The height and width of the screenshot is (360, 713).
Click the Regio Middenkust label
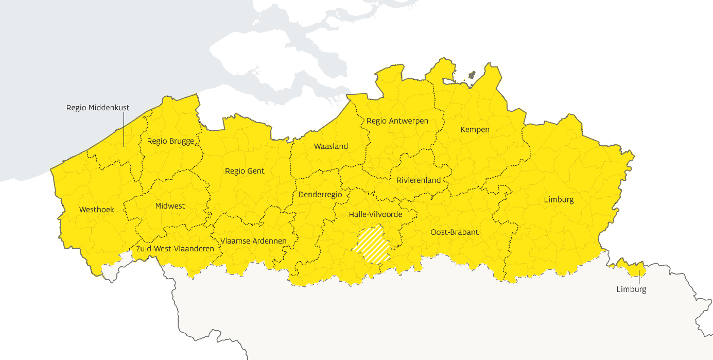[x=98, y=108]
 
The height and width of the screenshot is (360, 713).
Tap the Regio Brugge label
[x=170, y=141]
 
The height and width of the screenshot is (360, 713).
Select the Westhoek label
[x=97, y=210]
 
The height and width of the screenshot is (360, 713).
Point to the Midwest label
[x=170, y=206]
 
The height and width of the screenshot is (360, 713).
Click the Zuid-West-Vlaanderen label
[x=175, y=248]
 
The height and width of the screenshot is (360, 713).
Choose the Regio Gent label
[x=245, y=171]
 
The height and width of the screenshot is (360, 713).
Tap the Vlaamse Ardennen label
[x=253, y=241]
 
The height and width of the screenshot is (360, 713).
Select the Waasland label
[x=331, y=146]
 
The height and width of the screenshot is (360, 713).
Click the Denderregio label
[x=320, y=195]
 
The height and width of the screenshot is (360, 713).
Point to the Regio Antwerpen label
[x=397, y=121]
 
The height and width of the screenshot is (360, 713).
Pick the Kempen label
[x=475, y=129]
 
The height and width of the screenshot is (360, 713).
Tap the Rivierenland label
[x=419, y=180]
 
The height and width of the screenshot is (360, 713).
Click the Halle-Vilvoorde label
[x=375, y=214]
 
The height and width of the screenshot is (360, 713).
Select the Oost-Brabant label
[x=455, y=232]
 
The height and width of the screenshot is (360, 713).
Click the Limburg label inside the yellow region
[x=559, y=199]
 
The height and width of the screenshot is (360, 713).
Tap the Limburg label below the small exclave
[x=631, y=289]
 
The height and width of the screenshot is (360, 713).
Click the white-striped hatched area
[x=371, y=245]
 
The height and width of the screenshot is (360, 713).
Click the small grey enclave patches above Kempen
[x=471, y=75]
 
